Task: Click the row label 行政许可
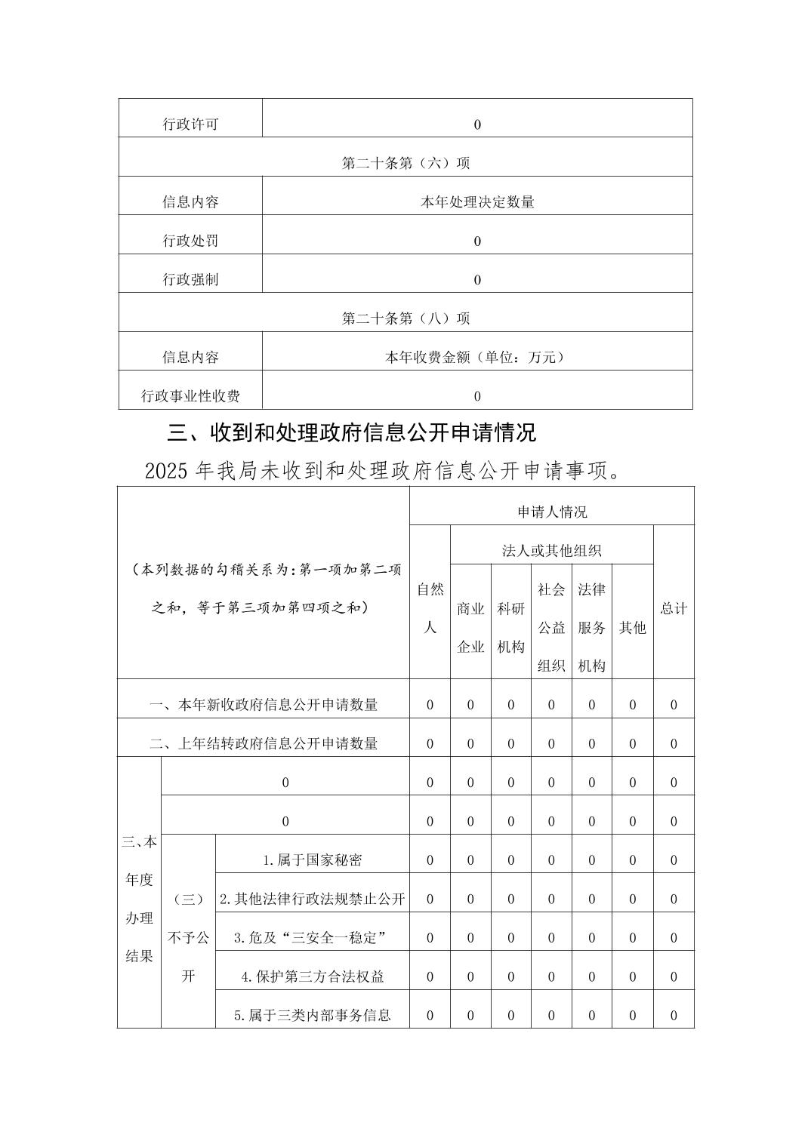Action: [x=190, y=125]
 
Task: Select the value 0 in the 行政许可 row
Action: [x=477, y=125]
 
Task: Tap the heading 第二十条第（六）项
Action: [x=405, y=163]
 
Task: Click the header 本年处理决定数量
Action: [x=477, y=202]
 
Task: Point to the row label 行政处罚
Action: [x=190, y=241]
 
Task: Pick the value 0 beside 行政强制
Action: [x=477, y=280]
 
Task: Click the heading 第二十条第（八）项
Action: [x=405, y=318]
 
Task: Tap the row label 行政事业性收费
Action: [x=190, y=396]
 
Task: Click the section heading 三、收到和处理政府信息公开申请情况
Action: [x=352, y=433]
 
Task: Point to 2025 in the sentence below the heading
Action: [x=166, y=472]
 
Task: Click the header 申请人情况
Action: [x=551, y=512]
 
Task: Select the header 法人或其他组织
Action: [x=551, y=551]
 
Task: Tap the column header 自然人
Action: [x=430, y=607]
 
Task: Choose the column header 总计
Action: [x=674, y=608]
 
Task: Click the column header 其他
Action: [x=632, y=627]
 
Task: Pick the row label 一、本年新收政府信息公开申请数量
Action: [x=264, y=705]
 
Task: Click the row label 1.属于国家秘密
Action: [x=312, y=860]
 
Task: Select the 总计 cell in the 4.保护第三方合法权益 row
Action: [x=674, y=976]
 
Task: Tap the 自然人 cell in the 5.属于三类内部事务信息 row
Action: [x=430, y=1016]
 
